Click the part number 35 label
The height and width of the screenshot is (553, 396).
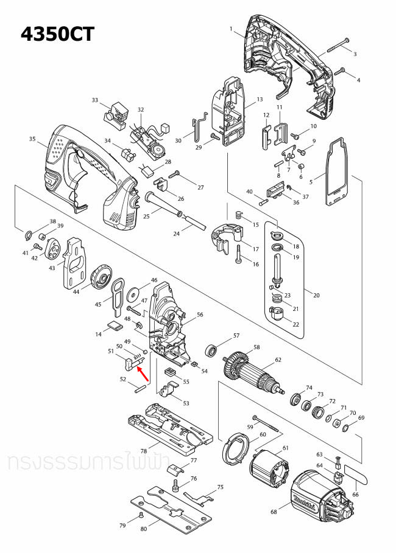pos(33,139)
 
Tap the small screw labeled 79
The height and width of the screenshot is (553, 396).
pos(141,514)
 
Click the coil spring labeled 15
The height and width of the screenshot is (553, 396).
pos(239,215)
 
